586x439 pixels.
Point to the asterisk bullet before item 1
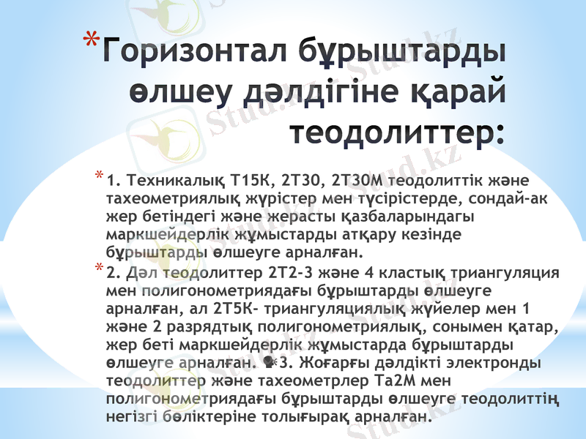click(x=99, y=176)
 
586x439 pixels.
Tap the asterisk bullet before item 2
click(x=99, y=271)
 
